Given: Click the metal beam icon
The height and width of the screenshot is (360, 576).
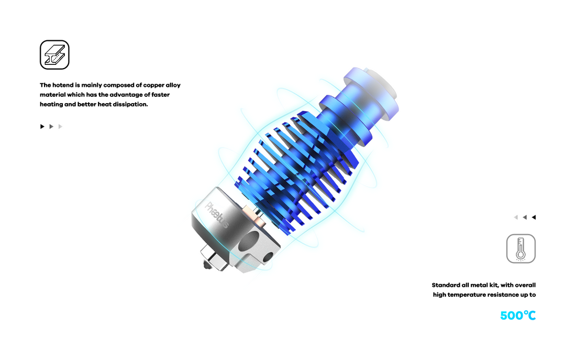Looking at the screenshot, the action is coord(54,54).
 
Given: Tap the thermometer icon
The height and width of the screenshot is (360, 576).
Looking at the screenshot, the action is coord(520,249).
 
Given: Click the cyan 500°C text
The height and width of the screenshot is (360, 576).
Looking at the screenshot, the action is coord(518,315).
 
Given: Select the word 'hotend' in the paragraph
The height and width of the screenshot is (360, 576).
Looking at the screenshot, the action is coord(63,85).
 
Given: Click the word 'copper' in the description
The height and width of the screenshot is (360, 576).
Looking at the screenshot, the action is coord(153,85).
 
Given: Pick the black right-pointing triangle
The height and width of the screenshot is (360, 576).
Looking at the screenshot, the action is coord(42,127).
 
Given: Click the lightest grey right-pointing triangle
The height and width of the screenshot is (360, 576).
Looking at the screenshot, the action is coord(61,127).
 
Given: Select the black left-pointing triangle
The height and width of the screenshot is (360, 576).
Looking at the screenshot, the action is coord(534,217).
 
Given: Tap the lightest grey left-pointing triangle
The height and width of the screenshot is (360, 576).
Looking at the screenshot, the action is coord(516,217).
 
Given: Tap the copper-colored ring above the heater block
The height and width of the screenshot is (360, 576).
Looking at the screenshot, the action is coord(256,216).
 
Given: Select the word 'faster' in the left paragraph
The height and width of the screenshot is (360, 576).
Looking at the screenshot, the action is coord(161,95).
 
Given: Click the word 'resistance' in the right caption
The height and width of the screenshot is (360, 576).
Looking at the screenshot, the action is coord(503,295).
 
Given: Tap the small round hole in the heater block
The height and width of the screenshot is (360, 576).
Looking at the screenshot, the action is coord(268,257).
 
